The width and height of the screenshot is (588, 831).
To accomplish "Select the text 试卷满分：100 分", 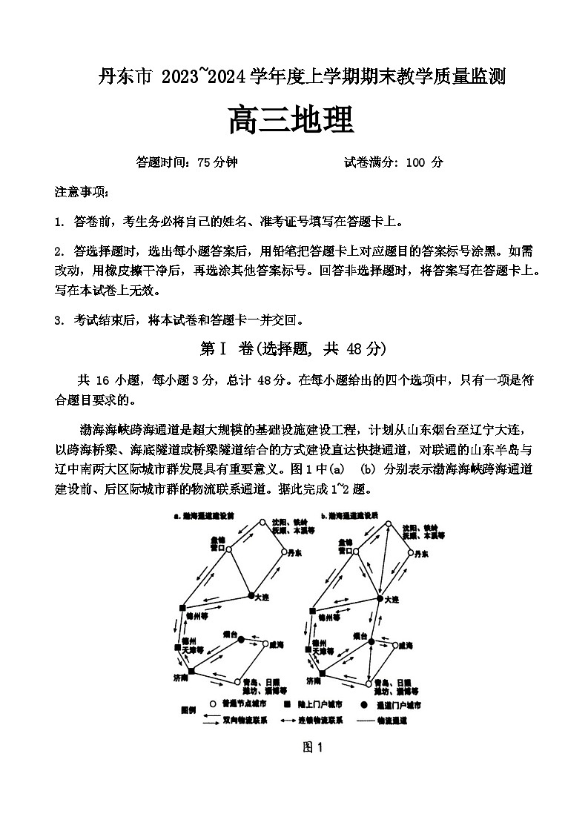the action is tap(393, 162).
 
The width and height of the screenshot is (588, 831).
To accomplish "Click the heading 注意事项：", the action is tap(82, 193).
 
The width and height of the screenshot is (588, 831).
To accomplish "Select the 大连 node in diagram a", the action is tap(251, 595).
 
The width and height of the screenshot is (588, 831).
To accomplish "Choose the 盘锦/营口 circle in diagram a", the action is tap(229, 549).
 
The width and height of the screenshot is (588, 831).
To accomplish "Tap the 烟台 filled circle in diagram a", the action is tap(240, 638).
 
